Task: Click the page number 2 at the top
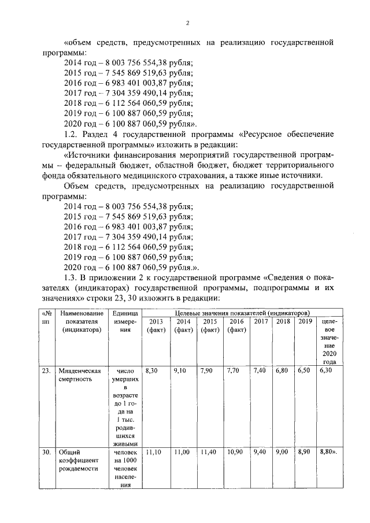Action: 188,24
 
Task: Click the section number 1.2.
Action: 71,134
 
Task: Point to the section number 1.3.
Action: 72,277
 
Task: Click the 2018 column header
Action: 283,321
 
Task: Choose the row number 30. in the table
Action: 45,451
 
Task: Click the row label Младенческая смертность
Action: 72,375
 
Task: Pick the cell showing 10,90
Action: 235,451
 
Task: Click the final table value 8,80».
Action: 328,451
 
